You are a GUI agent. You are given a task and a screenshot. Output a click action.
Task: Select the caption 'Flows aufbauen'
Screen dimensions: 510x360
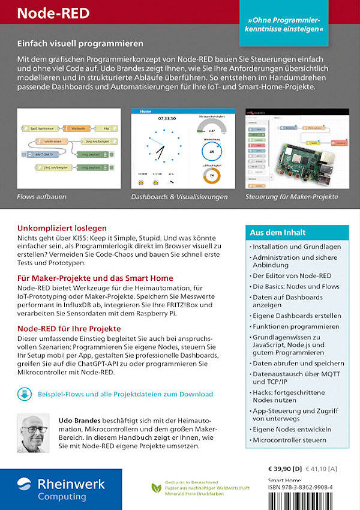[41, 196]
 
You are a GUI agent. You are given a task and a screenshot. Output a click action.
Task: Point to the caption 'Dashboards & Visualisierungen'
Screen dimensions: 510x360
[179, 196]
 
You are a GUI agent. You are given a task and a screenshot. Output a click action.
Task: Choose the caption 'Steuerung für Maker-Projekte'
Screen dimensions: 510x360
[292, 196]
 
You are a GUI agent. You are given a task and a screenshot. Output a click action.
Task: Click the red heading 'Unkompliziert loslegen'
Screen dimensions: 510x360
[62, 228]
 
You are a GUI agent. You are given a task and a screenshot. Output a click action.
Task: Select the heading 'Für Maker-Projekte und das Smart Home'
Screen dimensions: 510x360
[95, 278]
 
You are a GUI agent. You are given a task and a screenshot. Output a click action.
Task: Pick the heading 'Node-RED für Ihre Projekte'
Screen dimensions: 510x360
[69, 328]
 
